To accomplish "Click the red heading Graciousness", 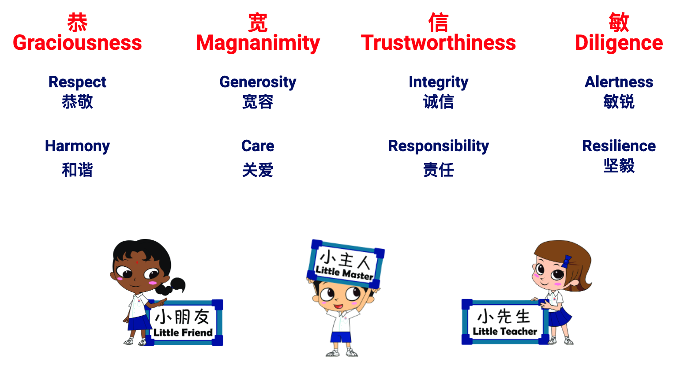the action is pos(77,43).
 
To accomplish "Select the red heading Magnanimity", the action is pos(258,44).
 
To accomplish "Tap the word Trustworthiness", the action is pos(439,43).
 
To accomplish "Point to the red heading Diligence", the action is pos(619,44).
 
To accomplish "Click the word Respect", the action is pos(77,82).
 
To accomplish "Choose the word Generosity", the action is pos(258,82).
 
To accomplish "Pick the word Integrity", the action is pos(439,82).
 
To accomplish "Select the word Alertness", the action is pos(619,82).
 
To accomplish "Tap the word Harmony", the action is pos(77,146).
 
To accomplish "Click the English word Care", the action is pos(258,146).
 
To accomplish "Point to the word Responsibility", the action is pos(439,146).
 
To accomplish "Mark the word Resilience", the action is pos(619,146).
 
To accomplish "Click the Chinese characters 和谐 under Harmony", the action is pos(77,170).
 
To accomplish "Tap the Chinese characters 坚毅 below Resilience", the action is pos(619,165).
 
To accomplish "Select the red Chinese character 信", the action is pos(439,22).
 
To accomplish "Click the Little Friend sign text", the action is pos(183,332).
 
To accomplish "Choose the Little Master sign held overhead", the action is pos(345,264).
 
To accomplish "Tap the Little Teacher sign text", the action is pos(505,331).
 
